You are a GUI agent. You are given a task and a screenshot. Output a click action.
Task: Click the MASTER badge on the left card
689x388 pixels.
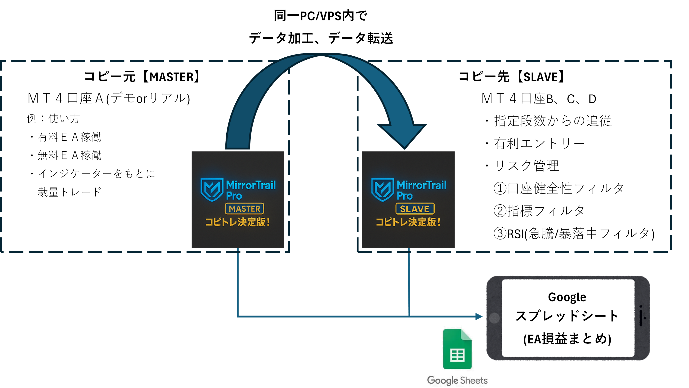pyautogui.click(x=244, y=209)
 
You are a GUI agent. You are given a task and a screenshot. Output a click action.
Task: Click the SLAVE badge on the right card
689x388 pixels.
pyautogui.click(x=415, y=209)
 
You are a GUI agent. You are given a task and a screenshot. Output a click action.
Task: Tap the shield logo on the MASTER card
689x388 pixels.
pyautogui.click(x=212, y=189)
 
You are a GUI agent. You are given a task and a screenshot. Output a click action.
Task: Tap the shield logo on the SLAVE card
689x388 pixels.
pyautogui.click(x=383, y=189)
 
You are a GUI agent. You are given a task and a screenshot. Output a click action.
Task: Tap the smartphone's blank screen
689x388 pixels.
pyautogui.click(x=568, y=318)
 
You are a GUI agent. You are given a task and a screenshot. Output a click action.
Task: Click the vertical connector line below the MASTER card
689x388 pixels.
pyautogui.click(x=238, y=283)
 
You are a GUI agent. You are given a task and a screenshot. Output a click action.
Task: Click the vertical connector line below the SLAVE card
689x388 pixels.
pyautogui.click(x=409, y=283)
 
